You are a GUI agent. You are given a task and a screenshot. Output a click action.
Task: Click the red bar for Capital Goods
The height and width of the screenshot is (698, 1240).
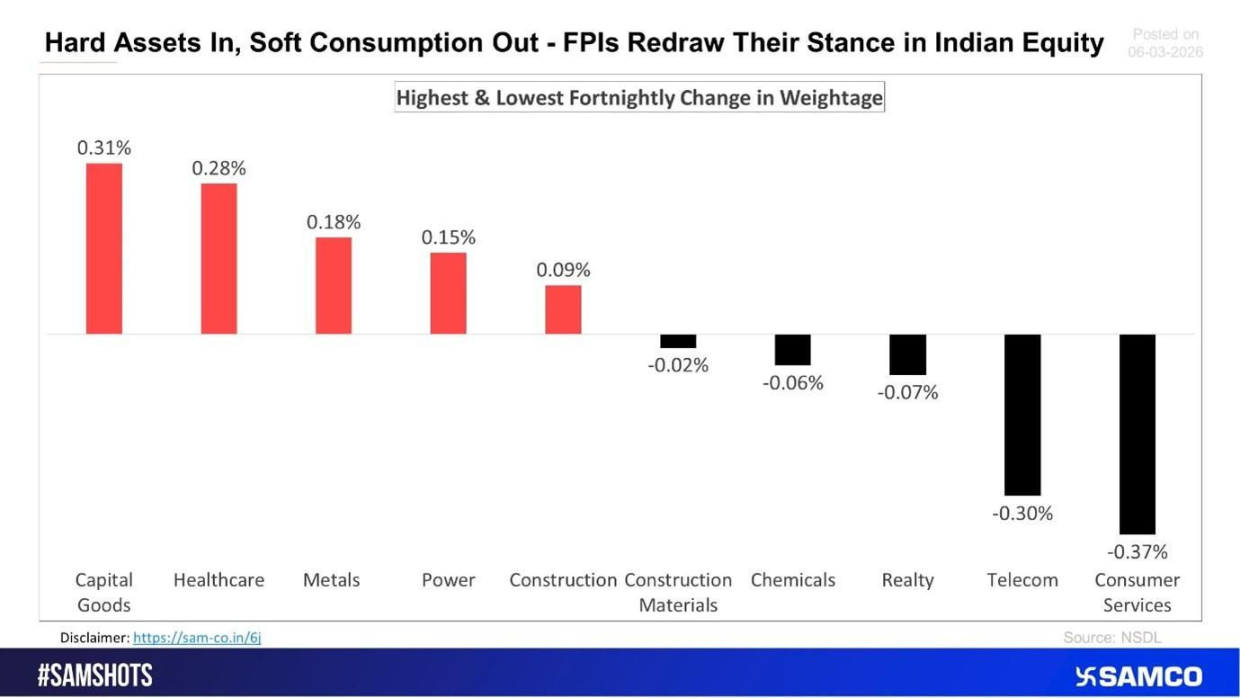point(103,248)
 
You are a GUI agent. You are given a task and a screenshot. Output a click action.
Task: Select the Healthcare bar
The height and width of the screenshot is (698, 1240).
point(219,258)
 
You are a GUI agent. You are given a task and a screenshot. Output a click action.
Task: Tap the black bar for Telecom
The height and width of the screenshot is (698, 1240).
point(1022,414)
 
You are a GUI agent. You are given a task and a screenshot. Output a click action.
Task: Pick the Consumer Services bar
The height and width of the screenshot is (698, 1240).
point(1137,434)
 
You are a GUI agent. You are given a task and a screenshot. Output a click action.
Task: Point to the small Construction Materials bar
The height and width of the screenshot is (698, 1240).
point(678,341)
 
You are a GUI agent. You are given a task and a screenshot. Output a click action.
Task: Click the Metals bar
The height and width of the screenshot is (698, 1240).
point(334,285)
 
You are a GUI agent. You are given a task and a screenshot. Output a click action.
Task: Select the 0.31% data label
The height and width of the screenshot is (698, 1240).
point(103,148)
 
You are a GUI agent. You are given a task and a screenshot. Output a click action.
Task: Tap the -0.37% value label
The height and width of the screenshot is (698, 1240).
point(1137,551)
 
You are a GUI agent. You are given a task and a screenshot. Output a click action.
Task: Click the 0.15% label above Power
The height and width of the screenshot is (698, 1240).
point(448,237)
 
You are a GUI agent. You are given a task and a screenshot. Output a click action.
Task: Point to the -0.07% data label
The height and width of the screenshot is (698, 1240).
point(907,392)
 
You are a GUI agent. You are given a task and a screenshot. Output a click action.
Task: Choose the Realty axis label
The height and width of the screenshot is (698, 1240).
point(907,580)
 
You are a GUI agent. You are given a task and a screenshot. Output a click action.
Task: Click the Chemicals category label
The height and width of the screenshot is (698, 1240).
point(792,580)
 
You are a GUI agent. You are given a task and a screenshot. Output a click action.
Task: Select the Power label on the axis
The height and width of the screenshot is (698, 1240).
point(448,580)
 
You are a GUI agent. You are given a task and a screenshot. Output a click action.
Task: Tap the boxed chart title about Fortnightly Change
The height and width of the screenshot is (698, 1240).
point(639,97)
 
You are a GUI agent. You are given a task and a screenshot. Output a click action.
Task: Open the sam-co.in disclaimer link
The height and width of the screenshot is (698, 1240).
point(197,638)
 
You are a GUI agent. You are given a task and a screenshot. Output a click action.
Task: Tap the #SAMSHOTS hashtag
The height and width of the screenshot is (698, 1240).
point(94,676)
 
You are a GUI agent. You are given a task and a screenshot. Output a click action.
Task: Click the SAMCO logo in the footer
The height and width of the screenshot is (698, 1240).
point(1138,676)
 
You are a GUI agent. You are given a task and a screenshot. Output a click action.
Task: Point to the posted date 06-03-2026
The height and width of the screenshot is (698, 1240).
point(1165,52)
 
